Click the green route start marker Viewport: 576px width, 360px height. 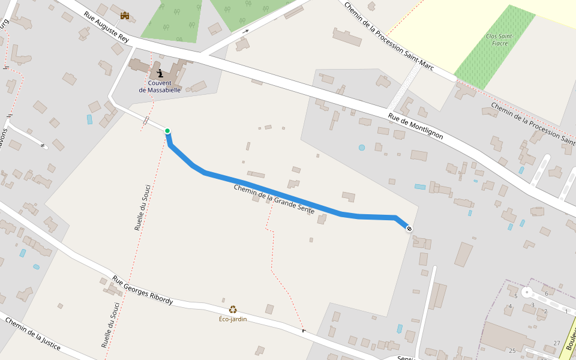(x=167, y=131)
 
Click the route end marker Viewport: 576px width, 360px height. (x=409, y=228)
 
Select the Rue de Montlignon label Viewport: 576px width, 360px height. (x=415, y=127)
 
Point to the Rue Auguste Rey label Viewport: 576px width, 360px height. (x=106, y=27)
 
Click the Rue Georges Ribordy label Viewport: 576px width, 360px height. (x=143, y=290)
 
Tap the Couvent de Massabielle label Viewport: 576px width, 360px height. (x=160, y=86)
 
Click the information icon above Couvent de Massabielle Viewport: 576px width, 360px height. (x=160, y=73)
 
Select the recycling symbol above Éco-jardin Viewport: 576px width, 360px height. (x=233, y=310)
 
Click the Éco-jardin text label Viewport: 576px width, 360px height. (x=233, y=319)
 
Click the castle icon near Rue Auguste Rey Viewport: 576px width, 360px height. (x=125, y=15)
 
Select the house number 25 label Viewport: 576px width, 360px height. (x=512, y=350)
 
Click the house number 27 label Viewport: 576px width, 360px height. (x=557, y=343)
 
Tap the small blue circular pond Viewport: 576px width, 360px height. (x=361, y=147)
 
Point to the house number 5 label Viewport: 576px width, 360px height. (x=515, y=296)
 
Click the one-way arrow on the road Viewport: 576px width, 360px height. (x=245, y=31)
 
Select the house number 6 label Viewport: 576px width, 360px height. (x=546, y=294)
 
